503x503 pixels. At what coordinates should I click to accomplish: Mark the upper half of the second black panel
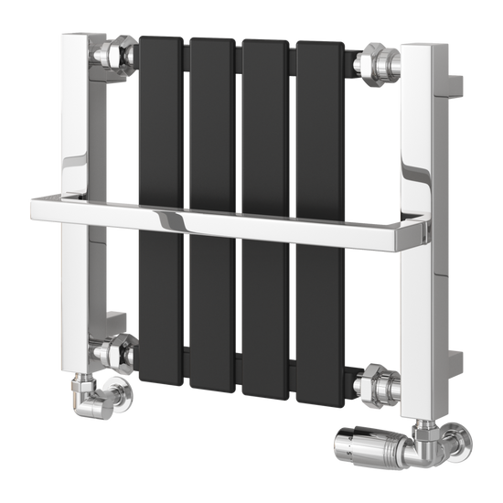coord(212,119)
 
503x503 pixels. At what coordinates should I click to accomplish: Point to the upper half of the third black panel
coord(264,123)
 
